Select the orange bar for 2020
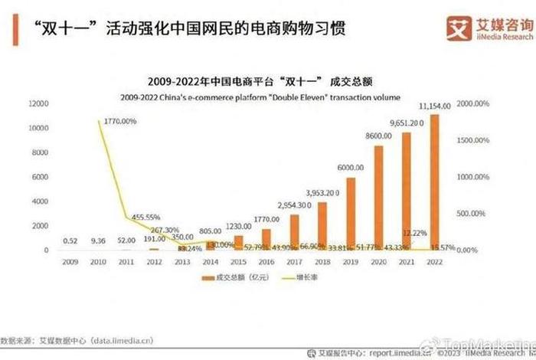click(378, 198)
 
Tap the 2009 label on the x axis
click(71, 260)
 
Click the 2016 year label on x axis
click(266, 260)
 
